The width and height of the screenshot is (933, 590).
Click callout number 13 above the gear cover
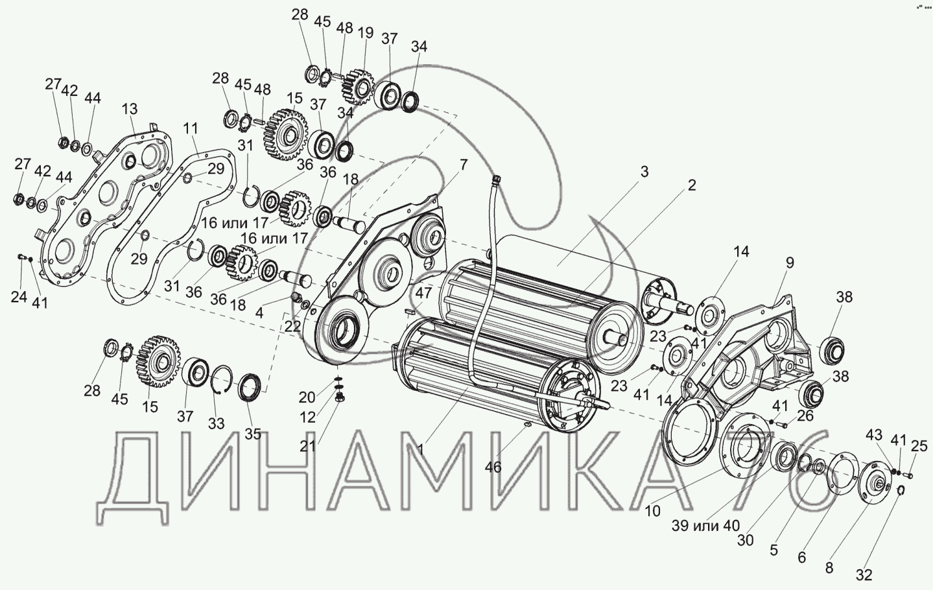(130, 109)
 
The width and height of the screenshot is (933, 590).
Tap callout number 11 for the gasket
(191, 128)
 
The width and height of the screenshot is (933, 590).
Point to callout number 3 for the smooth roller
(644, 172)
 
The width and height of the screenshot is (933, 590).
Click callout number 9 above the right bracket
(790, 263)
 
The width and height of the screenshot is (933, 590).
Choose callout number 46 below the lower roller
(493, 467)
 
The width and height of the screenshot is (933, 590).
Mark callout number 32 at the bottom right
(864, 575)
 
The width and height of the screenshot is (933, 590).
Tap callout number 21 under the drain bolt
(307, 446)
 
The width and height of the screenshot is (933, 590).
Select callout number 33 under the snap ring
(216, 423)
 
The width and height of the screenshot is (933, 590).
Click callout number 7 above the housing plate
(464, 165)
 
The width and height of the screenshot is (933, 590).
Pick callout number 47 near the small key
(423, 293)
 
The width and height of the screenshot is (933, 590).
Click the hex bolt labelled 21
(340, 397)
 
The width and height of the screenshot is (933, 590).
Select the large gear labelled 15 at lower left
(158, 360)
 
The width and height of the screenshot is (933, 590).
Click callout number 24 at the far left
(19, 298)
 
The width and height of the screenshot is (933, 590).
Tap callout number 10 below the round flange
(653, 511)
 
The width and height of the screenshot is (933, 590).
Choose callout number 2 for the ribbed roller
(691, 185)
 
